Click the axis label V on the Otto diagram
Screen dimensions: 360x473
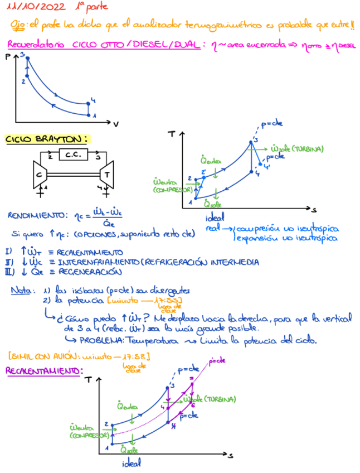116,123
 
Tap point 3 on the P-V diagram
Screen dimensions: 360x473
22,54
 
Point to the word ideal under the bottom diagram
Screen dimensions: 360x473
132,463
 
